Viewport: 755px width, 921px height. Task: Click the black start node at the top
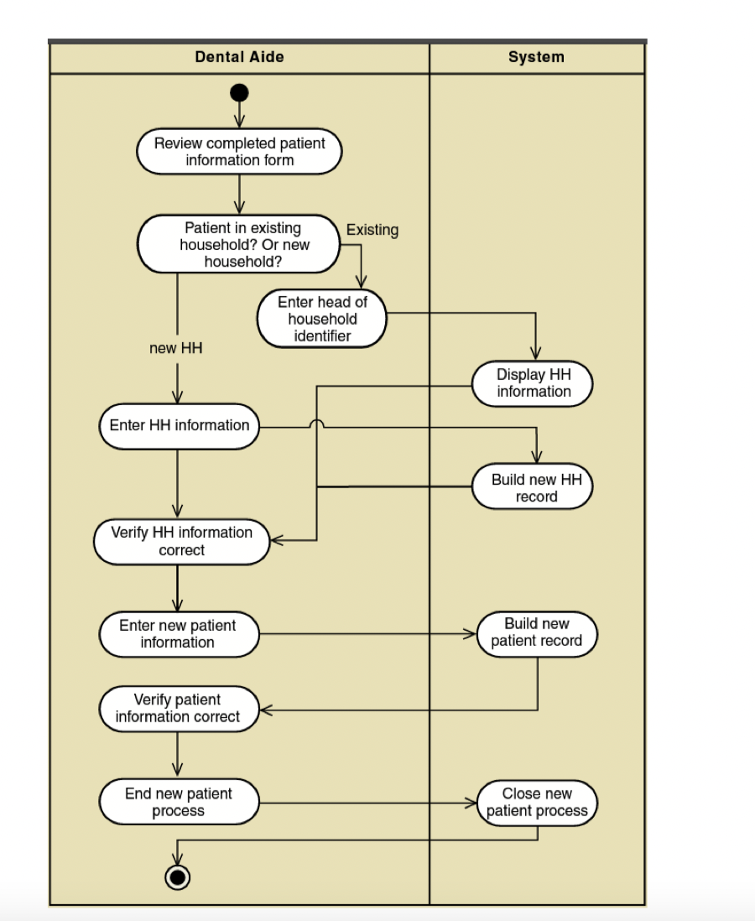[x=239, y=93]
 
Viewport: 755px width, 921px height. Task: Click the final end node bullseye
[x=178, y=877]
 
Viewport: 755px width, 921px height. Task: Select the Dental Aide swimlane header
[x=239, y=57]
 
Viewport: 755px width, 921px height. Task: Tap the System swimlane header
[x=536, y=57]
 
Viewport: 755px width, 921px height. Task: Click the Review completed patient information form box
[x=239, y=152]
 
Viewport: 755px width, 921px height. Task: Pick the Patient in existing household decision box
[x=239, y=244]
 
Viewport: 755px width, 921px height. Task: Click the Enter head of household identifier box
[x=322, y=319]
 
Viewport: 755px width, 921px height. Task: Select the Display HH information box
[x=533, y=383]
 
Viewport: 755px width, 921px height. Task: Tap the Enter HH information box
[x=180, y=426]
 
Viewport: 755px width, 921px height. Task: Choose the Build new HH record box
[x=533, y=487]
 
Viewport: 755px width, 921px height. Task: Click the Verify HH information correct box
[x=181, y=542]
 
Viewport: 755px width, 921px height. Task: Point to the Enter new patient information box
[x=180, y=634]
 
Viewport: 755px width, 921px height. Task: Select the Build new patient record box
[x=537, y=634]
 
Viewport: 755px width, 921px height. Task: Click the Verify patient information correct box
[x=180, y=709]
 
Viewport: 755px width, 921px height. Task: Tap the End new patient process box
[x=180, y=802]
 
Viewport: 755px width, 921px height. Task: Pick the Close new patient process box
[x=537, y=803]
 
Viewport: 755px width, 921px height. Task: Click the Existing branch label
[x=372, y=230]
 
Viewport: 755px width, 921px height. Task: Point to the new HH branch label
[x=175, y=348]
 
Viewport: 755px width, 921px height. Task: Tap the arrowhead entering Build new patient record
[x=470, y=634]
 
